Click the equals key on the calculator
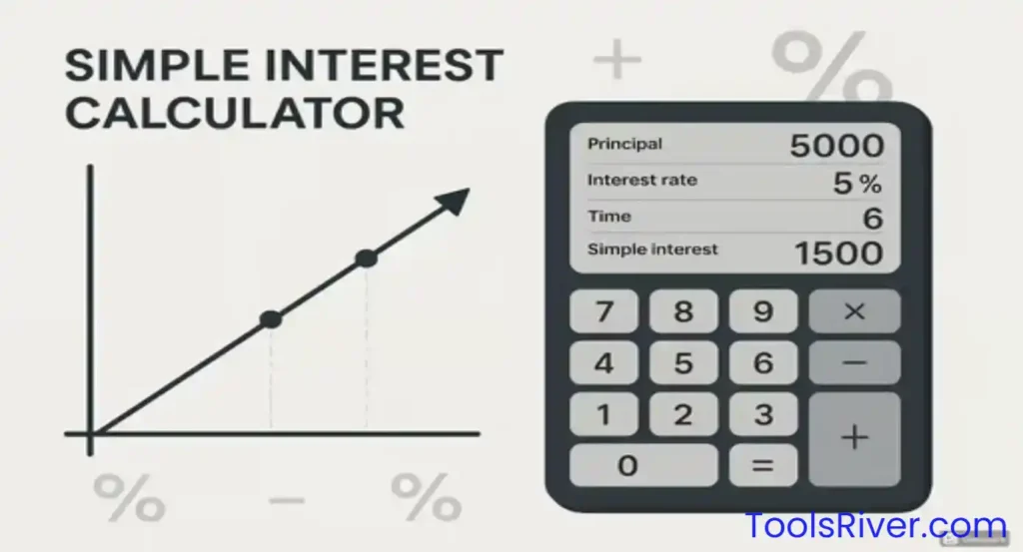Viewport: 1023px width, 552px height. click(x=762, y=465)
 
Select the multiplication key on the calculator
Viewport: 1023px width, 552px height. click(x=853, y=311)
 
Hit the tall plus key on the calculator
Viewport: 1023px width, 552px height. click(x=853, y=438)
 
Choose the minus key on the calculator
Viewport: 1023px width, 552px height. click(x=853, y=363)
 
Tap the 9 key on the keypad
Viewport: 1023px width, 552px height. click(x=762, y=311)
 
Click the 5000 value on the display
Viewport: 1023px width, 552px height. click(x=836, y=146)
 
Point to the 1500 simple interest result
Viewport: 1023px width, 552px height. click(x=838, y=252)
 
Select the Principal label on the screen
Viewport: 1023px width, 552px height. click(x=624, y=144)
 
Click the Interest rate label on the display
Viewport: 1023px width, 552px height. click(x=641, y=181)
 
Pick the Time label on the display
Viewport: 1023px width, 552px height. click(x=609, y=216)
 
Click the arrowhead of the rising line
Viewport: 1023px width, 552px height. click(x=455, y=201)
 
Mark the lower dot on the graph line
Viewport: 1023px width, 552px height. click(x=271, y=319)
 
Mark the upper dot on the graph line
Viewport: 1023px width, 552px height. click(x=366, y=259)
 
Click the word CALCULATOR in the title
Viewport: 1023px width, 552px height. click(x=235, y=112)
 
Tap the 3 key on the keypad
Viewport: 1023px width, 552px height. click(x=762, y=414)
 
